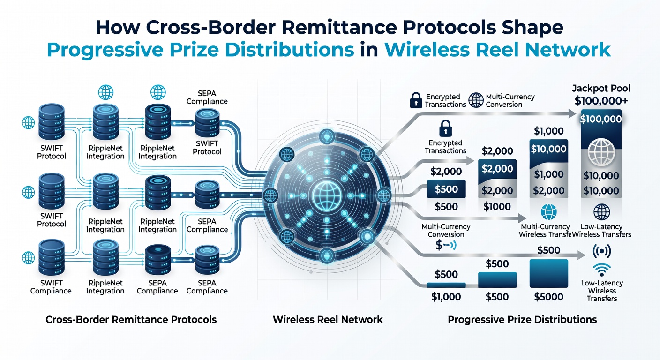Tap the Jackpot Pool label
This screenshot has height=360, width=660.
point(601,89)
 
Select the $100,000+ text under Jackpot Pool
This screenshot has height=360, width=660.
point(601,101)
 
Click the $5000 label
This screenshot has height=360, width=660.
point(548,297)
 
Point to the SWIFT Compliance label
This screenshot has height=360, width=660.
point(51,287)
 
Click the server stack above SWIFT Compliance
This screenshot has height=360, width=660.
point(52,257)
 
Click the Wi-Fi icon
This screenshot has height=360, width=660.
point(602,270)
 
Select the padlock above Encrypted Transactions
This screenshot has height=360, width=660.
point(445,128)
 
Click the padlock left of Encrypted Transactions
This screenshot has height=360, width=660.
point(416,100)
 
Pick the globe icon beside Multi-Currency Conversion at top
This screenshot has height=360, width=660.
point(476,100)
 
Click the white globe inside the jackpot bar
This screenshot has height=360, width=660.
point(601,152)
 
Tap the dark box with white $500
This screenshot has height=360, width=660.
point(446,189)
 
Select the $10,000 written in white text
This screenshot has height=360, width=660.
point(548,149)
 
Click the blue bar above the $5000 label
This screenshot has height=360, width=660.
point(548,273)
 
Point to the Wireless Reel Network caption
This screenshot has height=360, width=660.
point(328,320)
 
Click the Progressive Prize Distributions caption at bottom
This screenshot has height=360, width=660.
point(522,320)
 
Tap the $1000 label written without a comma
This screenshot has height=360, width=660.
point(497,207)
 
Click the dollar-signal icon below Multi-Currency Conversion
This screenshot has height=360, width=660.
point(446,246)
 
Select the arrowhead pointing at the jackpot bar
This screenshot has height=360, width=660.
point(572,113)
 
